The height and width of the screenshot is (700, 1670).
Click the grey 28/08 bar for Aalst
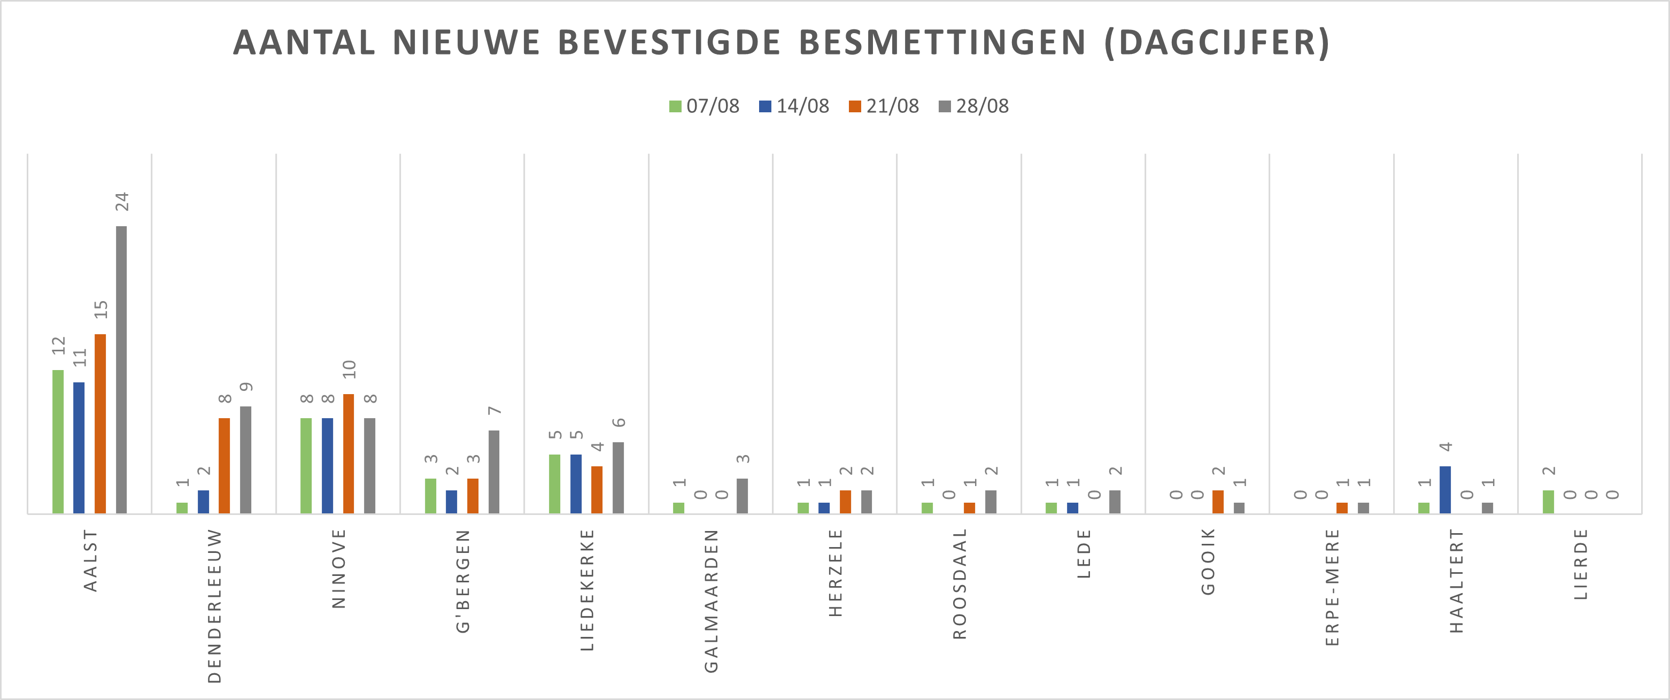pos(121,370)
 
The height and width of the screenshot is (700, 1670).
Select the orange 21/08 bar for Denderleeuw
pos(225,466)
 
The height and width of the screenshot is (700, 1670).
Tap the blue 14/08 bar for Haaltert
pos(1445,490)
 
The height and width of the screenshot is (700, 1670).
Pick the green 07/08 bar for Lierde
pos(1548,502)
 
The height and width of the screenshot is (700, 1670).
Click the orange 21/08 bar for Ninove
pos(349,453)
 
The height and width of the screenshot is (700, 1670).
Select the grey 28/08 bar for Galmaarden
pos(743,496)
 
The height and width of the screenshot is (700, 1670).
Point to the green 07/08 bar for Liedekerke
pos(555,484)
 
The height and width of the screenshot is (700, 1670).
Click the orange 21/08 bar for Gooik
pos(1218,502)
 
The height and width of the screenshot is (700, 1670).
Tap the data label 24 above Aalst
pos(122,202)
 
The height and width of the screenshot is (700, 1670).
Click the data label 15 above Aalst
pos(100,310)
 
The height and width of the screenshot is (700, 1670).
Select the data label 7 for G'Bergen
pos(494,411)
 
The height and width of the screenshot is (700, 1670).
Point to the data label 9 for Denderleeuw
pos(246,387)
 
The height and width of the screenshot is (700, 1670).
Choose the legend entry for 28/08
pos(974,106)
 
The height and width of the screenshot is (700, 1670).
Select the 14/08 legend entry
pos(794,106)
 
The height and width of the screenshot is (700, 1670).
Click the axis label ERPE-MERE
pos(1332,587)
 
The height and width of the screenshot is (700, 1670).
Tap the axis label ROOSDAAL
pos(960,584)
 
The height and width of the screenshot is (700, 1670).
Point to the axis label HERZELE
pos(836,573)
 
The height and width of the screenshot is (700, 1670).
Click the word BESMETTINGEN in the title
pos(942,43)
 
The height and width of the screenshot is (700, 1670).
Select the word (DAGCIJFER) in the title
pos(1218,43)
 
